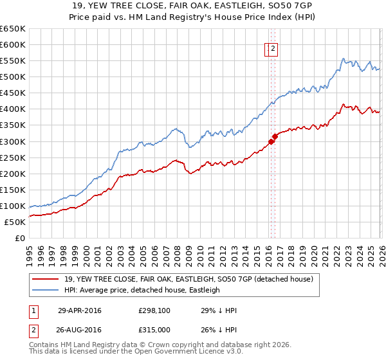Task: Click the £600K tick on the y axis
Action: pyautogui.click(x=13, y=44)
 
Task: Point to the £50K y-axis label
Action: pyautogui.click(x=15, y=222)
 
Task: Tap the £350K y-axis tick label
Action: pyautogui.click(x=13, y=125)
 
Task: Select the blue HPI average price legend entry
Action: pyautogui.click(x=142, y=290)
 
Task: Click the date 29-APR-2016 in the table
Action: pyautogui.click(x=80, y=310)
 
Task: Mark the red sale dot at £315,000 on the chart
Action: pyautogui.click(x=275, y=136)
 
